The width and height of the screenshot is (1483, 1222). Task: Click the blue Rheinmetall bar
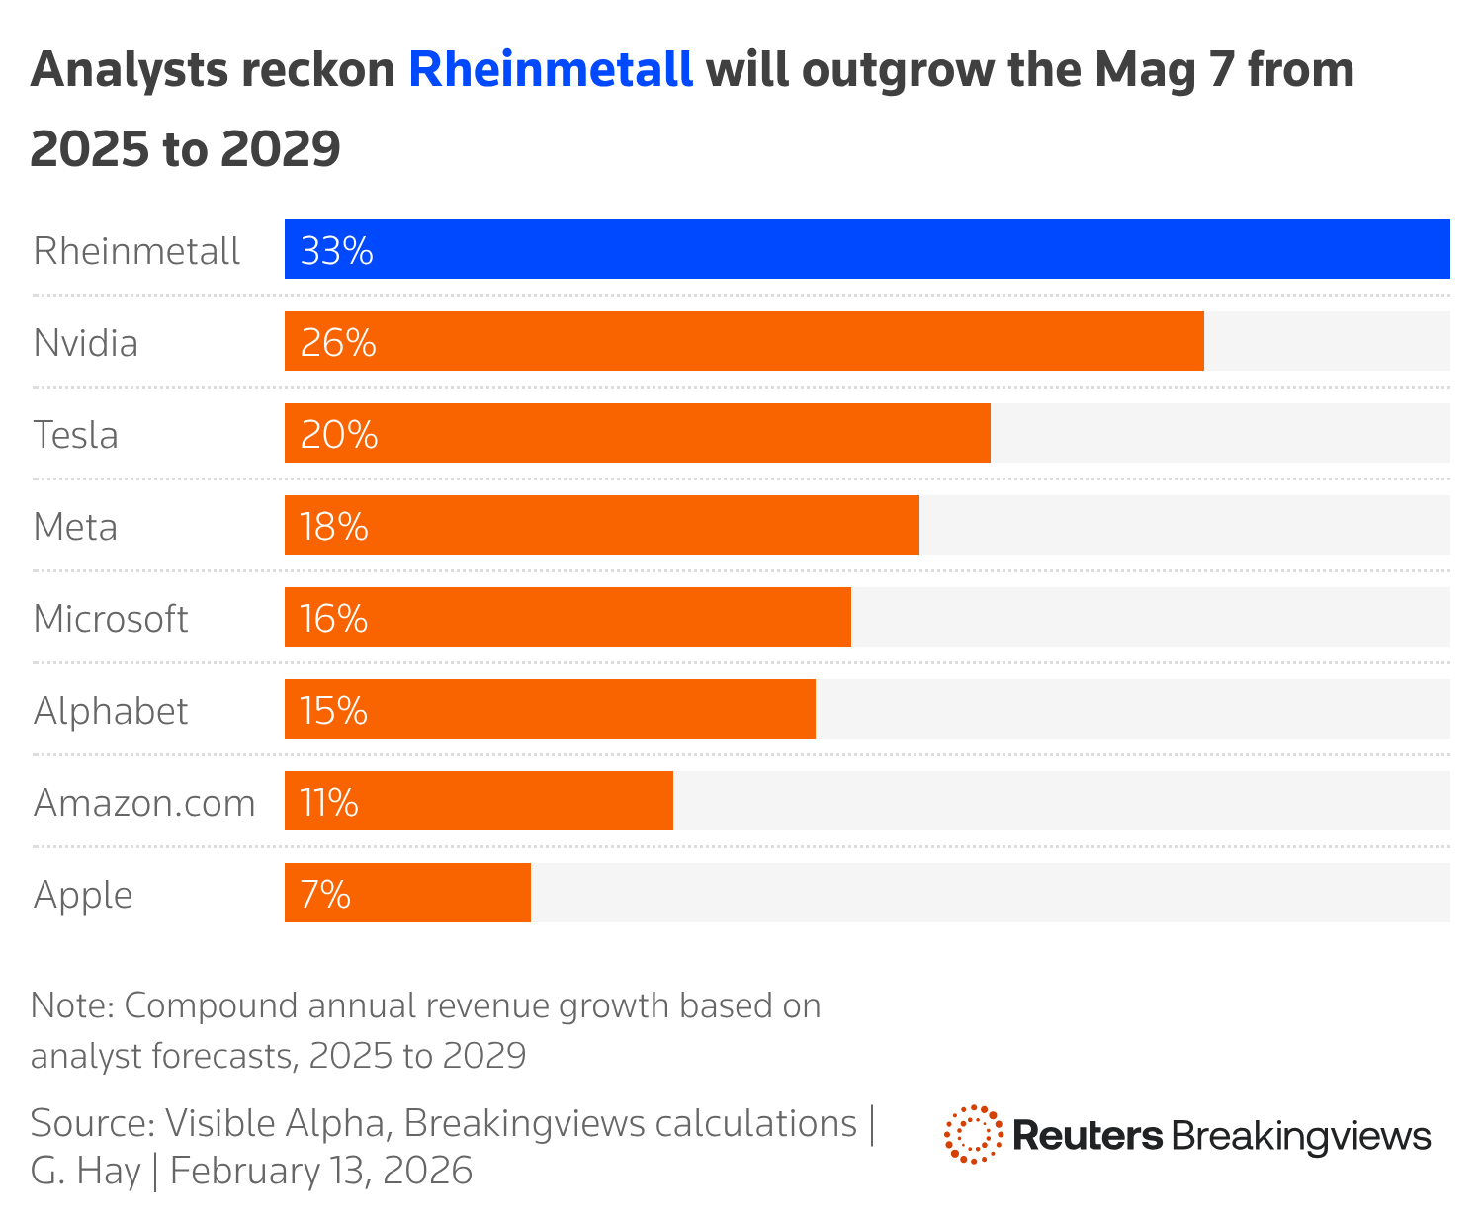pos(867,249)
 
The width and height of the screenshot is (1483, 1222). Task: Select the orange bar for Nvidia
pos(743,341)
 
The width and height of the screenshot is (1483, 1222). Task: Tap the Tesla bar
pos(638,433)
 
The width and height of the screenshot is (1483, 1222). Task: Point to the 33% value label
pos(336,251)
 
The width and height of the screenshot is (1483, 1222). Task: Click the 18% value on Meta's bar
pos(334,527)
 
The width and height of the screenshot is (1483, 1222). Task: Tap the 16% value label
pos(334,619)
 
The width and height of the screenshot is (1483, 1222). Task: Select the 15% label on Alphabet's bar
pos(334,711)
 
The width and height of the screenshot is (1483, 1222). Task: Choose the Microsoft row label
pos(111,619)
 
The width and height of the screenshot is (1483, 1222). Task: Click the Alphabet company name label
pos(111,711)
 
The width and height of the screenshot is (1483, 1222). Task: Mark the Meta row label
pos(75,527)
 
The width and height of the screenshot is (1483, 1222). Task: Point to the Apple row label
pos(83,895)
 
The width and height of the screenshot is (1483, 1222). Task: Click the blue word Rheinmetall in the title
pos(551,70)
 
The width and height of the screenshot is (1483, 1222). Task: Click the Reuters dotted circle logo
pos(973,1134)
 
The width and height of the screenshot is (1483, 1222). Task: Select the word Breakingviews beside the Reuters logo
pos(1301,1136)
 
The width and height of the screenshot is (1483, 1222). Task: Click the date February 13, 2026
pos(321,1171)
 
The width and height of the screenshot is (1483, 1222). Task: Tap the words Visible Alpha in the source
pos(275,1124)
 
